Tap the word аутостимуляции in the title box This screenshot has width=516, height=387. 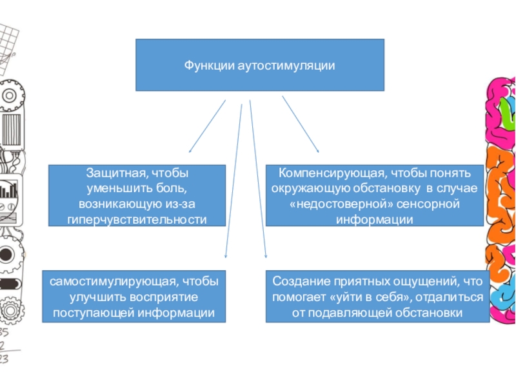tap(279, 65)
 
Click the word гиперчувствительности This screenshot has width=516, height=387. tap(137, 220)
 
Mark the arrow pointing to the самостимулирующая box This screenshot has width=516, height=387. tap(233, 181)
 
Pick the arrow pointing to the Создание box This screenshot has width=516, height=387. tap(258, 181)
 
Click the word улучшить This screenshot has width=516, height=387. tap(92, 297)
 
